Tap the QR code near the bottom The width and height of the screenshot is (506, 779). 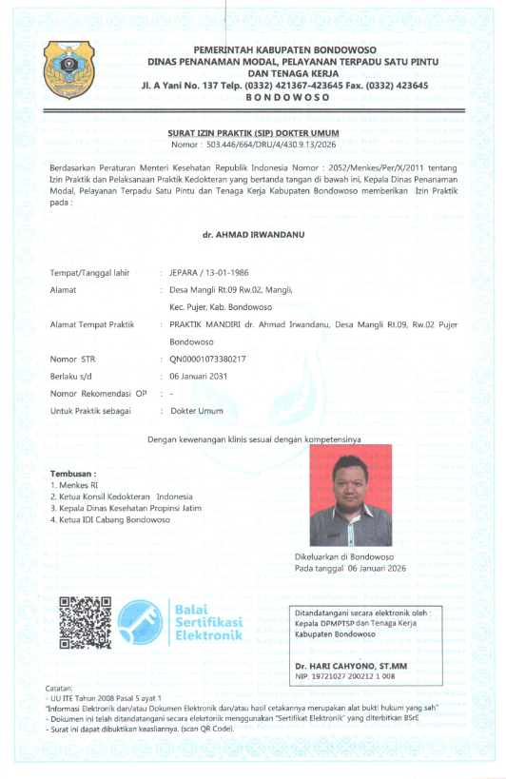pyautogui.click(x=85, y=622)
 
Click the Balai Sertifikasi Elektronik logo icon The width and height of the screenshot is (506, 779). pyautogui.click(x=144, y=623)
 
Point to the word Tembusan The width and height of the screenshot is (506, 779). pyautogui.click(x=73, y=473)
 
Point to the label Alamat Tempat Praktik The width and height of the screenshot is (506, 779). pyautogui.click(x=92, y=324)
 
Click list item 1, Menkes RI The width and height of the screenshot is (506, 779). pyautogui.click(x=73, y=485)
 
